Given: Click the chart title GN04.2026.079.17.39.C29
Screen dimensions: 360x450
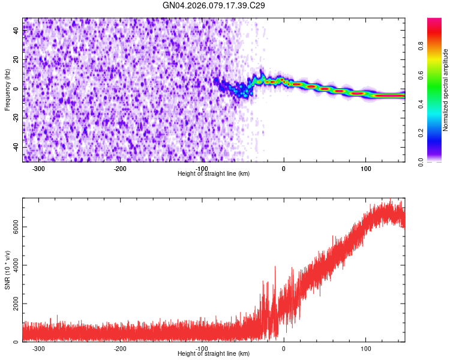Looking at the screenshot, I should pyautogui.click(x=214, y=5).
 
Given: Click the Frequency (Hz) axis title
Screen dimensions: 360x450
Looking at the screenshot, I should pyautogui.click(x=7, y=90).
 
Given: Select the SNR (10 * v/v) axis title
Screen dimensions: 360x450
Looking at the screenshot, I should pyautogui.click(x=7, y=270).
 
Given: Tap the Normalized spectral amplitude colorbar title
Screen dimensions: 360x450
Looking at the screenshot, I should pyautogui.click(x=446, y=90).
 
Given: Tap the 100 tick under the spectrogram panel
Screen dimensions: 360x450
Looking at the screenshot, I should pyautogui.click(x=365, y=169).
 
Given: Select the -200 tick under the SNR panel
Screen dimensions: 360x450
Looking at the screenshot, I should pyautogui.click(x=119, y=349).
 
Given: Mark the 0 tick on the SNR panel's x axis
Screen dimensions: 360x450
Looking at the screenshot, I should pyautogui.click(x=284, y=349).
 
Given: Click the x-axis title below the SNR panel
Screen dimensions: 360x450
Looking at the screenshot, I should pyautogui.click(x=214, y=354).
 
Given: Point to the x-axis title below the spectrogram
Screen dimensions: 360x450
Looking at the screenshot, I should pyautogui.click(x=214, y=173).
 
